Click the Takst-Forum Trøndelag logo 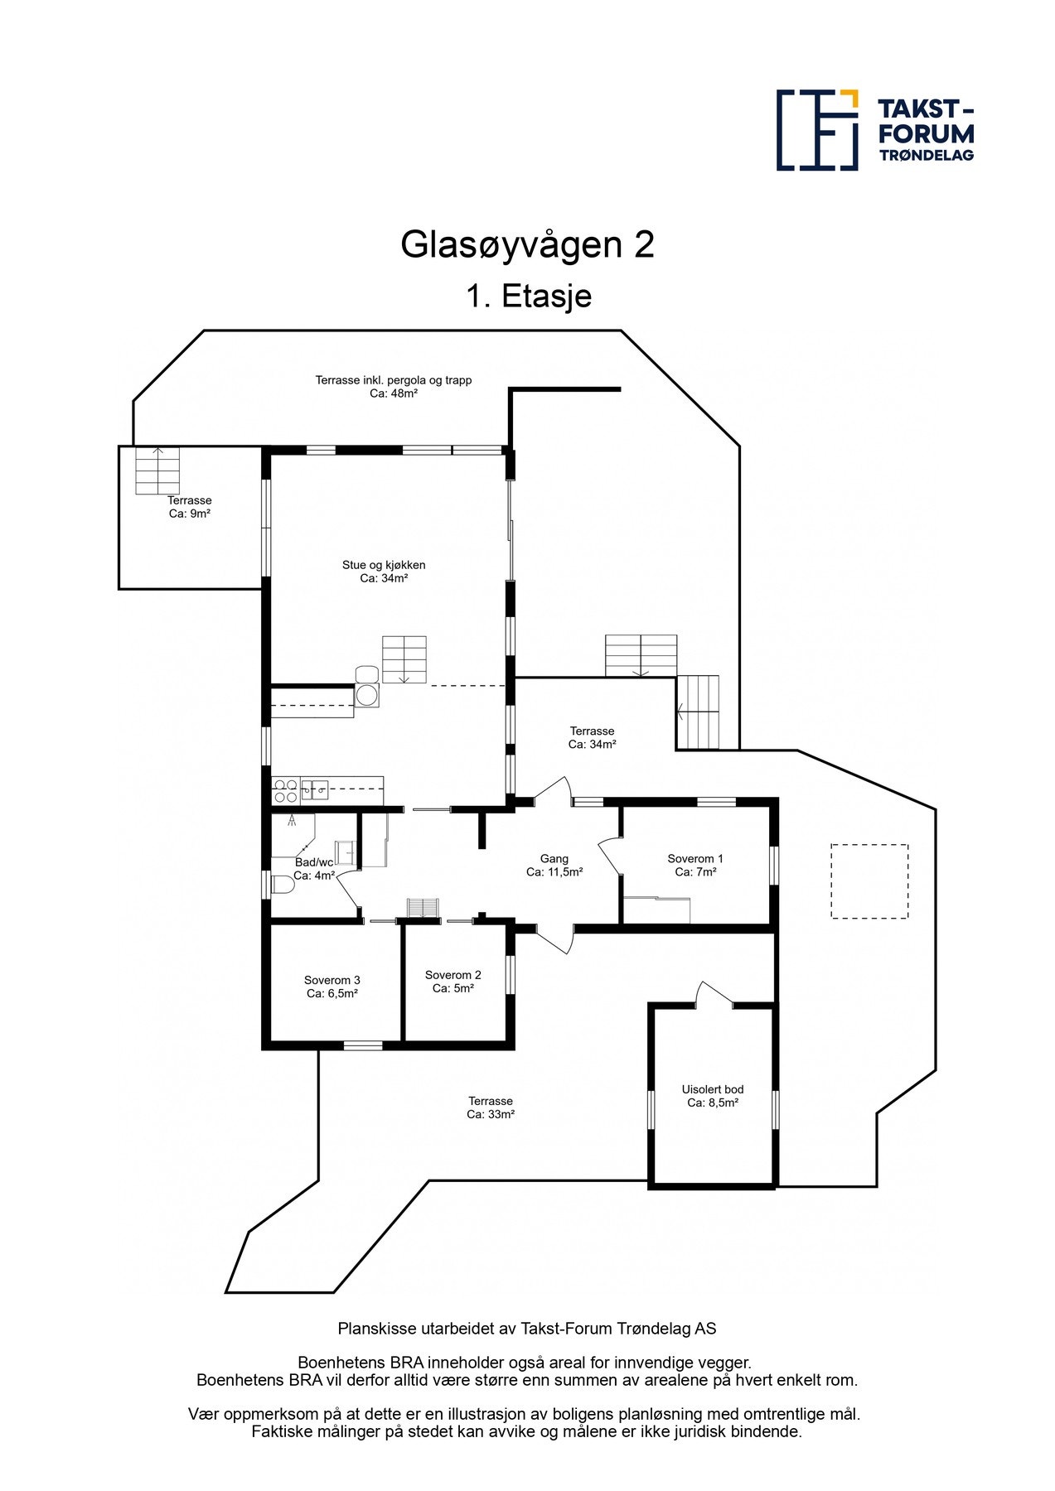coord(874,130)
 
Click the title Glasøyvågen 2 coord(527,245)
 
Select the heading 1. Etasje coord(528,296)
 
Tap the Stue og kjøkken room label coord(384,572)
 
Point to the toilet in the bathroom coord(283,885)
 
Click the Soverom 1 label coord(694,865)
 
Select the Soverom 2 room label coord(452,982)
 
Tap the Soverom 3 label coord(332,987)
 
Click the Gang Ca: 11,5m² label coord(554,866)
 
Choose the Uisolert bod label coord(712,1096)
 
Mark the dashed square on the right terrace coord(869,881)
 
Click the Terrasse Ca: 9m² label coord(189,507)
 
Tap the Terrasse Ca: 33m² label coord(490,1107)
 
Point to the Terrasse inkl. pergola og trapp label coord(393,387)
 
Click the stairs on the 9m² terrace coord(157,470)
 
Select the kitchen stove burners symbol coord(286,790)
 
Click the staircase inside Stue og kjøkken coord(404,659)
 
